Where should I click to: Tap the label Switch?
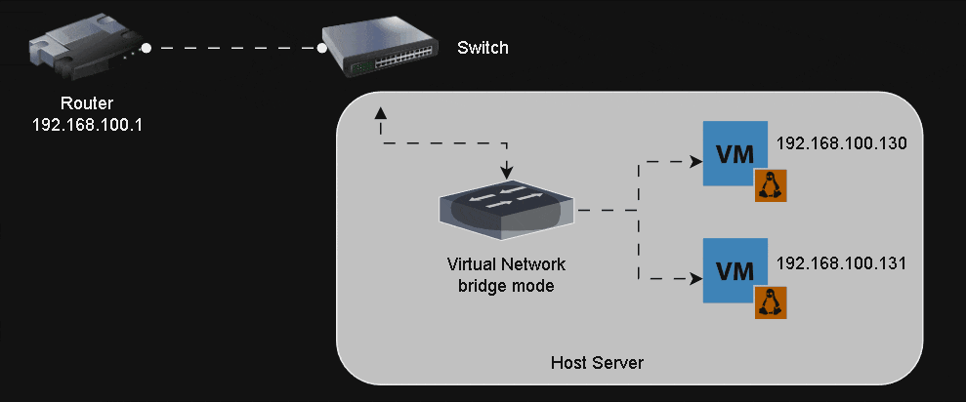click(483, 48)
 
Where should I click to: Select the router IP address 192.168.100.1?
click(88, 125)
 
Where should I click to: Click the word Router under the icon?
click(87, 103)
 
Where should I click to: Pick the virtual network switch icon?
click(506, 208)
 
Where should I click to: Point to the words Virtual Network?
click(506, 264)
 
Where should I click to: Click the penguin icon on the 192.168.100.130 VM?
click(771, 184)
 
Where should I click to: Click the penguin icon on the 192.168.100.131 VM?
click(771, 302)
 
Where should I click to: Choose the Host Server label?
click(597, 363)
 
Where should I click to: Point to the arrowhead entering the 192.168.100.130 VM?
click(695, 161)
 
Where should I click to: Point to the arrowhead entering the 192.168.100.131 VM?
click(695, 278)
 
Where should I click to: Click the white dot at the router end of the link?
click(146, 47)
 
